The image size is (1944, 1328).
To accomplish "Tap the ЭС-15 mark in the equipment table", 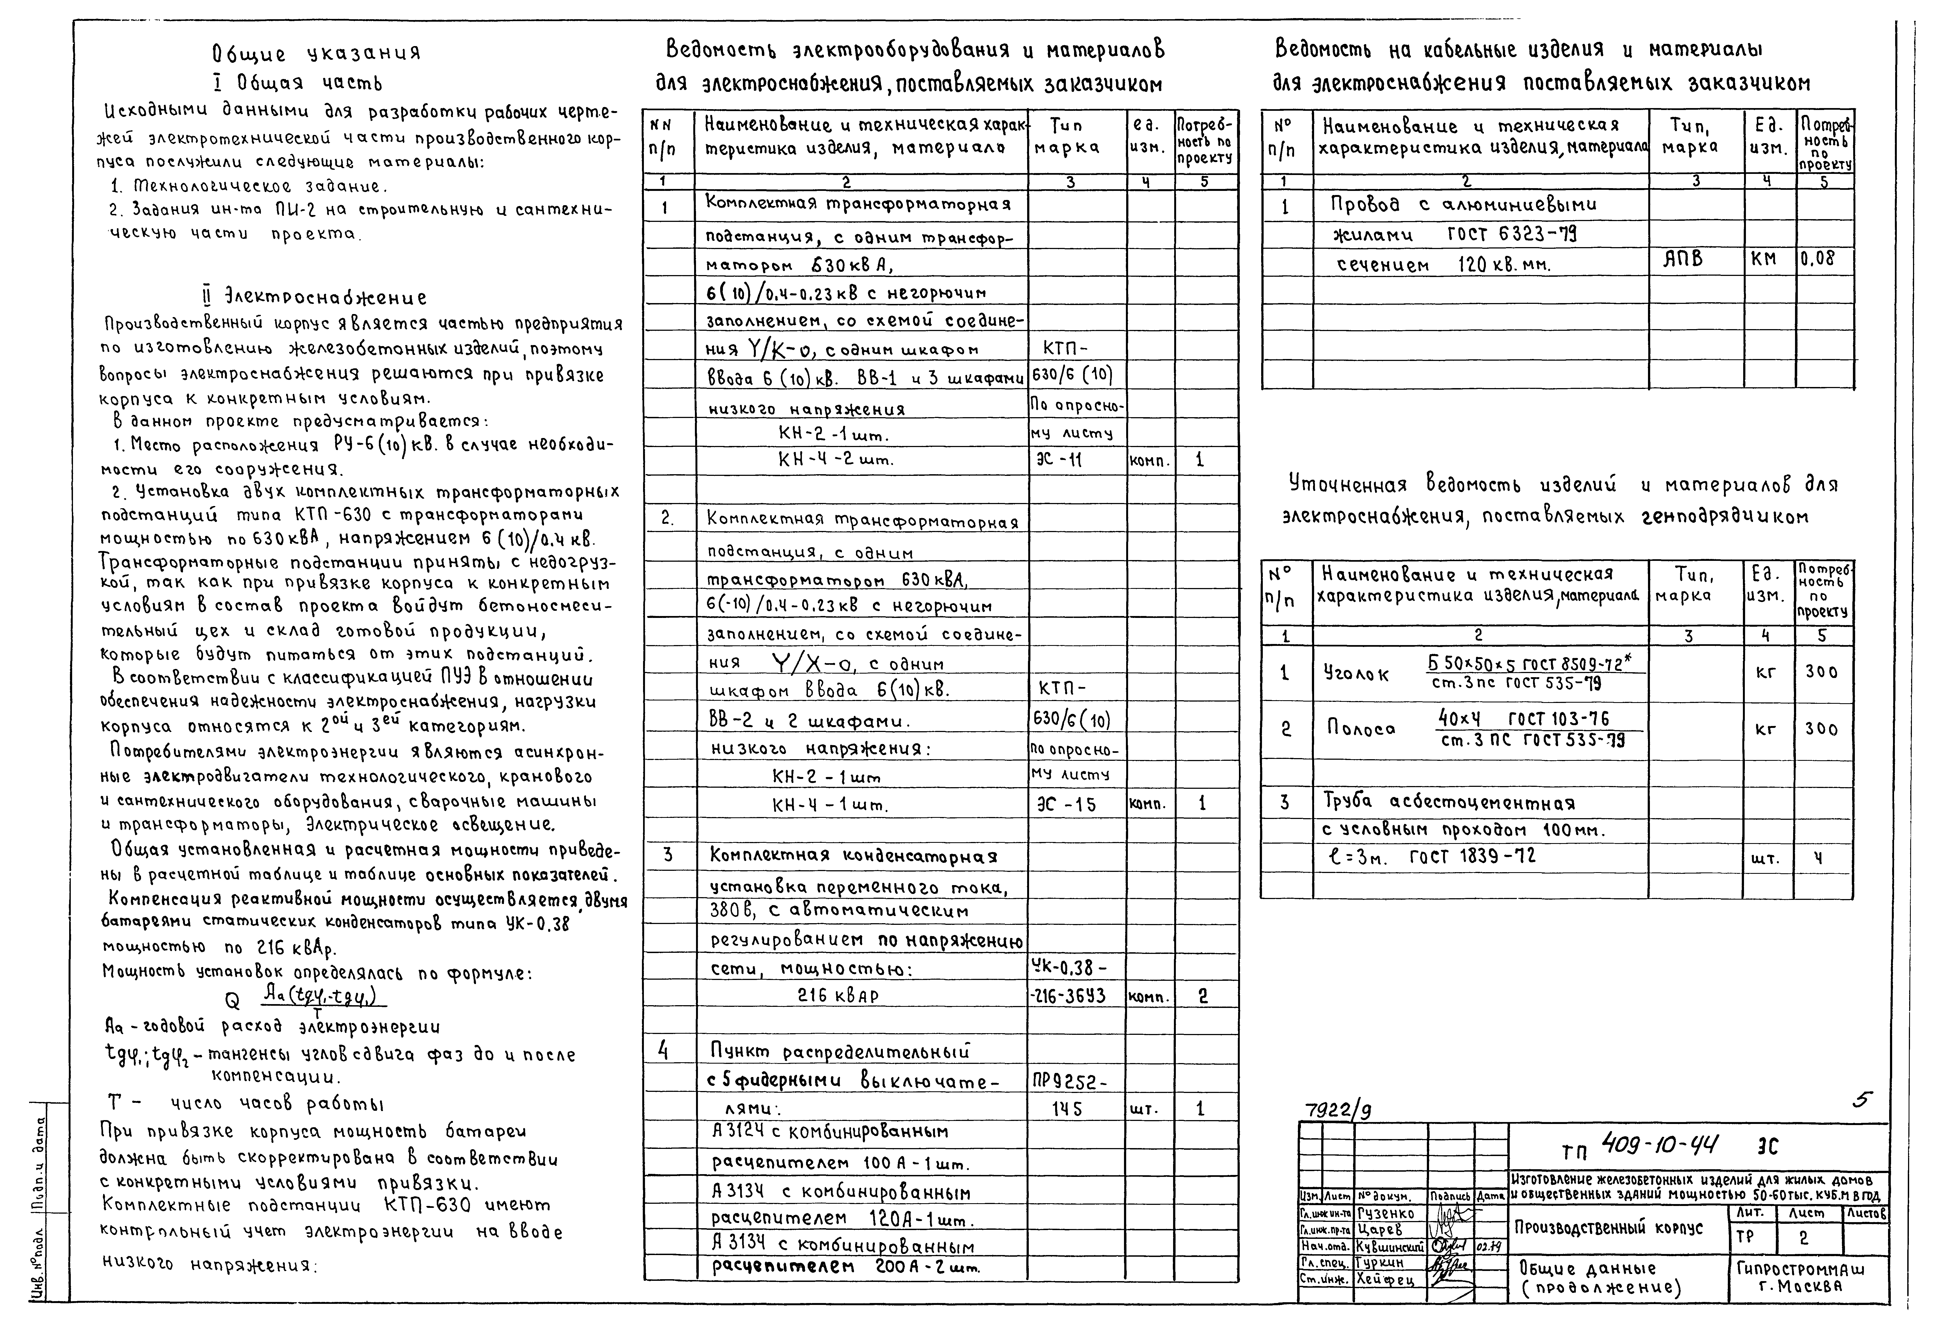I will click(x=1065, y=804).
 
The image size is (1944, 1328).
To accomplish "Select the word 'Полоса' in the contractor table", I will click(x=1361, y=728).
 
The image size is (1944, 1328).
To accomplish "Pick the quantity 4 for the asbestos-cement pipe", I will click(x=1817, y=858).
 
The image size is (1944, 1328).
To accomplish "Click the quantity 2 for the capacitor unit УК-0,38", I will click(x=1202, y=996).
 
